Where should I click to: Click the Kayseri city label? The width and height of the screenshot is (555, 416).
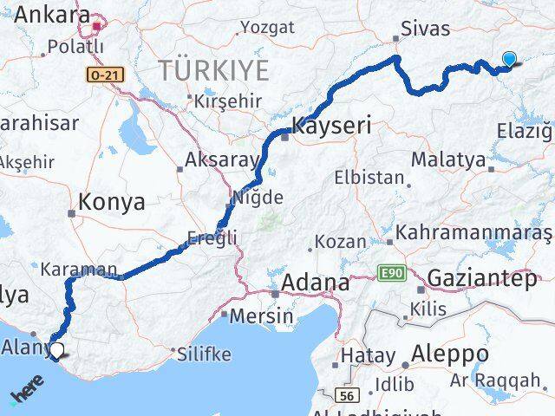coord(332,126)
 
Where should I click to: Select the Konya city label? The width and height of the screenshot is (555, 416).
coord(111,202)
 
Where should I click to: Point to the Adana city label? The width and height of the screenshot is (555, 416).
coord(316,283)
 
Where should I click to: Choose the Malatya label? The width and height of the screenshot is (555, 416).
coord(447,159)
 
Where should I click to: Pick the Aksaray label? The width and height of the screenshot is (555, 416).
coord(222,160)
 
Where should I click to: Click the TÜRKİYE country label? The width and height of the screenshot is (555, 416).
coord(212,69)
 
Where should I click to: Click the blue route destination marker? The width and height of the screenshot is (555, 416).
coord(509,59)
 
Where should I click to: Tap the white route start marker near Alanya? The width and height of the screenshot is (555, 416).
coord(56,350)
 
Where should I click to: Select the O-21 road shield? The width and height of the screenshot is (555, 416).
coord(105,75)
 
